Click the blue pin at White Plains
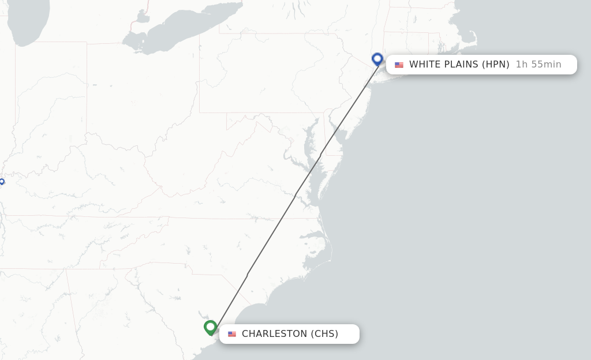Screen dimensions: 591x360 (x=377, y=59)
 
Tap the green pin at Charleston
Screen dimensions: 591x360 (x=211, y=327)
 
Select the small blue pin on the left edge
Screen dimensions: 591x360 (x=2, y=182)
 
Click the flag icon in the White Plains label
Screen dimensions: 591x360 (x=399, y=65)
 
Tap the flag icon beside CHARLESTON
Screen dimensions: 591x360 (x=232, y=334)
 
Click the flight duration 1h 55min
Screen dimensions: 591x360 (x=538, y=65)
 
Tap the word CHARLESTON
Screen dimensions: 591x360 (x=275, y=334)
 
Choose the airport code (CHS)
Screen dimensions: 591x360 (x=325, y=334)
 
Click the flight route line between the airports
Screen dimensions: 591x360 (x=295, y=195)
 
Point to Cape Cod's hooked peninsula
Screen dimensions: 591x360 (x=472, y=39)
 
